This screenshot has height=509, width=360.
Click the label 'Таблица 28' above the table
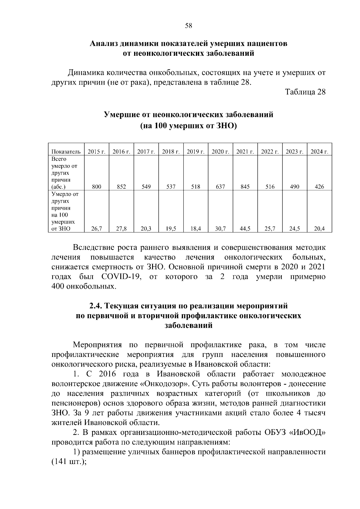click(x=305, y=92)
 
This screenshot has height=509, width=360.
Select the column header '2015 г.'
click(x=96, y=152)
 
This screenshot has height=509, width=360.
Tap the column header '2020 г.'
click(x=220, y=152)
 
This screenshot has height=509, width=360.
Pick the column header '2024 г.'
click(x=319, y=152)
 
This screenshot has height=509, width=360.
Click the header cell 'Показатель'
click(x=66, y=152)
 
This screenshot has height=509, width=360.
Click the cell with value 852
click(x=121, y=187)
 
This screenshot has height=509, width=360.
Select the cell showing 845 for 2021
click(x=245, y=187)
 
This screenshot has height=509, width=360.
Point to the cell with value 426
click(x=319, y=187)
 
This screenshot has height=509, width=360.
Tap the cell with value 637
click(x=220, y=187)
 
